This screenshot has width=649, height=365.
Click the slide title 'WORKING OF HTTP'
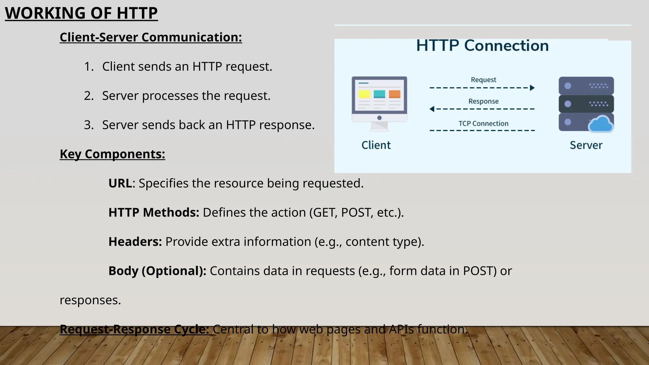tap(81, 13)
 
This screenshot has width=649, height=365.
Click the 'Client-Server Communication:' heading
tap(151, 37)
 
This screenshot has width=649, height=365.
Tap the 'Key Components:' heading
tap(112, 154)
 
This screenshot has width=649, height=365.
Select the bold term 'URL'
tap(120, 183)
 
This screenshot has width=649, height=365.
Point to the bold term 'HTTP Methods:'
tap(154, 213)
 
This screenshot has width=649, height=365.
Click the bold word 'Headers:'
tap(135, 242)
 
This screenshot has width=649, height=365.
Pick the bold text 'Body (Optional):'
tap(157, 271)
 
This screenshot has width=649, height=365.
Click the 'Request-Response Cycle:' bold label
tap(134, 330)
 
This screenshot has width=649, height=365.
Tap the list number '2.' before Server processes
tap(89, 96)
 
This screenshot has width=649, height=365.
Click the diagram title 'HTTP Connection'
tap(482, 46)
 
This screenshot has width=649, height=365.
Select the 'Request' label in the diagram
tap(483, 80)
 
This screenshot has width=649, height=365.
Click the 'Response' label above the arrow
tap(483, 101)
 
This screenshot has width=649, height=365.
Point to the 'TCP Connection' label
tap(483, 124)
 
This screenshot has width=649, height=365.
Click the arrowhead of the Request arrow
tap(532, 88)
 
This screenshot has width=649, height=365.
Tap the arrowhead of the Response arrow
tap(432, 109)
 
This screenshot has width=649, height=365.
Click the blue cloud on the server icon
tap(601, 124)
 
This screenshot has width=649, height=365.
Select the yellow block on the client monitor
tap(364, 94)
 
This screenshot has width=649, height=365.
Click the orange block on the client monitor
tap(395, 94)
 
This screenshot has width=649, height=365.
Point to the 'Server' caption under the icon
tap(586, 145)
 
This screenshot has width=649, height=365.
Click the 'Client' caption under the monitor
tap(376, 145)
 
